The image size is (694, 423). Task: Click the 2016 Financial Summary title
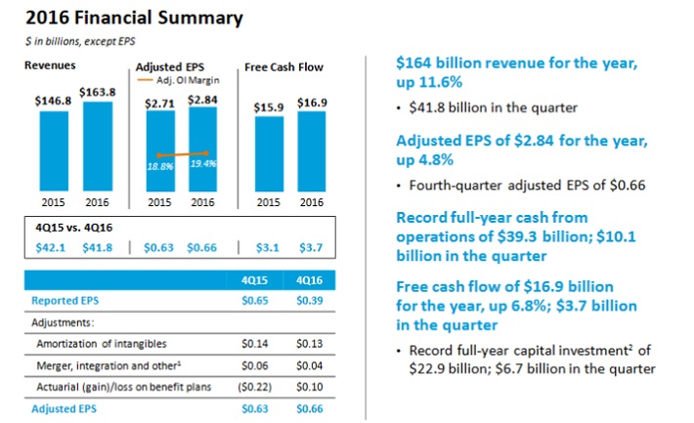pos(108,19)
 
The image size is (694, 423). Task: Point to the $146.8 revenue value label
pos(54,100)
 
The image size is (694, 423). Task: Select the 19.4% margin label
pos(203,163)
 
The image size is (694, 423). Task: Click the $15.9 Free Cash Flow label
pos(267,106)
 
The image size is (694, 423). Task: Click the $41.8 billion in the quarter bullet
pos(480,106)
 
